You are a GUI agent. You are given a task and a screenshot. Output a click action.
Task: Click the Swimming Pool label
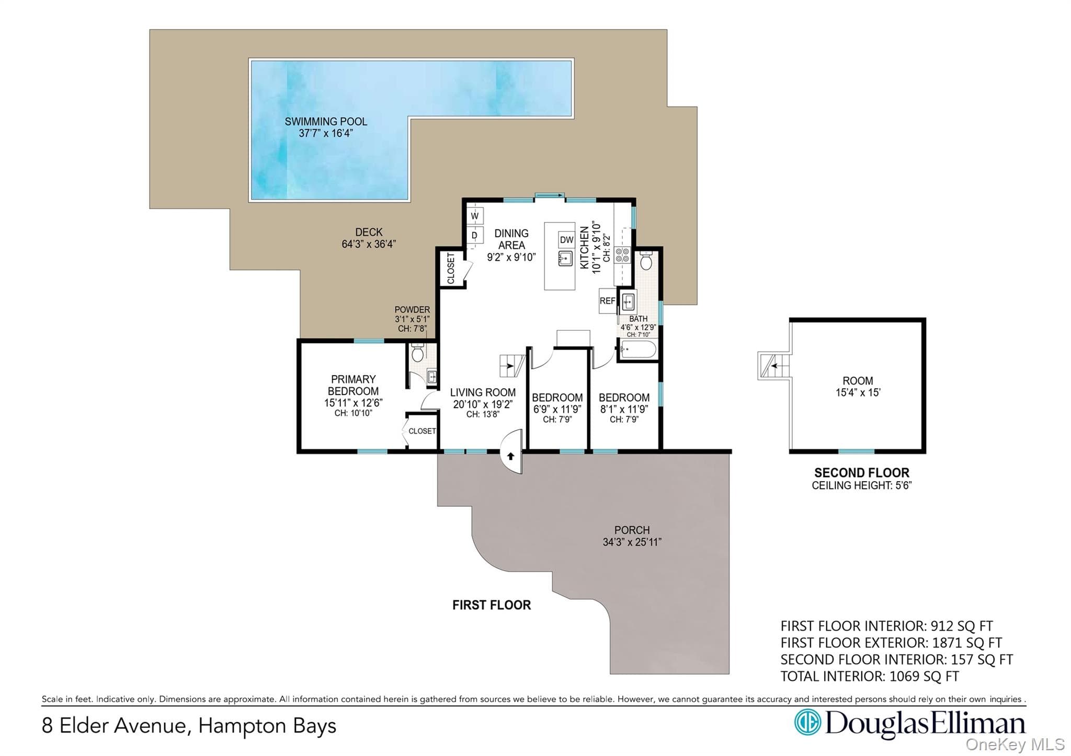(326, 121)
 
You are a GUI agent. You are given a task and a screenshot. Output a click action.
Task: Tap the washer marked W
(475, 216)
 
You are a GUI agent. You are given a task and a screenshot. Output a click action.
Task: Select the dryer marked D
(475, 236)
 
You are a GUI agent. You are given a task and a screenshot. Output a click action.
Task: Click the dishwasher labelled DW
(567, 240)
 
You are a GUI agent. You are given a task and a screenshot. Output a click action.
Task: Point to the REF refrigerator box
(607, 301)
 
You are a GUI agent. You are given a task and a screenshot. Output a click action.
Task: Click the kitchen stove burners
(622, 255)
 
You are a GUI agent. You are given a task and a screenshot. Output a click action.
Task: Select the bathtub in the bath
(637, 349)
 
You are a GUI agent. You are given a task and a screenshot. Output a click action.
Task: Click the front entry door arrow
(511, 456)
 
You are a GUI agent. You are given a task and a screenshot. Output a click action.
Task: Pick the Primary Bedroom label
(354, 385)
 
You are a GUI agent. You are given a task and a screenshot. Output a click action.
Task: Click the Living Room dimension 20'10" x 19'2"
(483, 404)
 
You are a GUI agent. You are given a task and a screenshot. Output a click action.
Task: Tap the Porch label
(632, 530)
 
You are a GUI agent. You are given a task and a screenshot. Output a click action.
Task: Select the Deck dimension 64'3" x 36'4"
(369, 244)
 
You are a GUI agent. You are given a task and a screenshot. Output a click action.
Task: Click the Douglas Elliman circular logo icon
(807, 723)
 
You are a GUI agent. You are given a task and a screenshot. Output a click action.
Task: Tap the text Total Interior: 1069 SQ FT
(870, 677)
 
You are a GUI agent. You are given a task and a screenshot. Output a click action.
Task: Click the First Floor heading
(492, 605)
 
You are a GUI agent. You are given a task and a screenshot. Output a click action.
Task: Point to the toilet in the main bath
(647, 260)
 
